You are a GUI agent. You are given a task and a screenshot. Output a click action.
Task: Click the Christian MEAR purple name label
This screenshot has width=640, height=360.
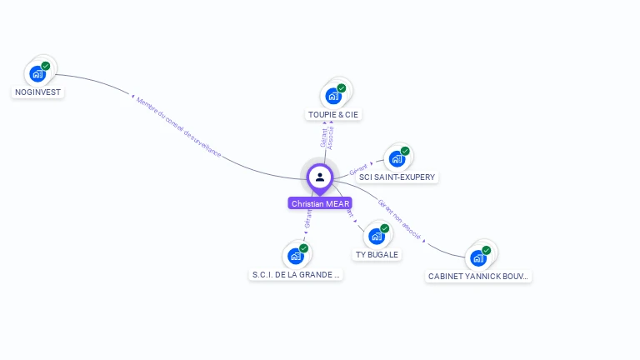click(321, 203)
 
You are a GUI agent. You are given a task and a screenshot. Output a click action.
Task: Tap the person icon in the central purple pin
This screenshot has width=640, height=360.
click(320, 177)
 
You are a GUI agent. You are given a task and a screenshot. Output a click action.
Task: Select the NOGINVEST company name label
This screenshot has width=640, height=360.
click(37, 92)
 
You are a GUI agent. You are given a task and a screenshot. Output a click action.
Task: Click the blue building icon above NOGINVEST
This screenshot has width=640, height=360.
click(37, 73)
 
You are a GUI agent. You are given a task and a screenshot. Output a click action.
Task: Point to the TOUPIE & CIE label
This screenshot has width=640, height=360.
click(333, 114)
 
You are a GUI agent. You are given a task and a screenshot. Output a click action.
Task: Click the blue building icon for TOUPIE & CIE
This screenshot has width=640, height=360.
click(333, 95)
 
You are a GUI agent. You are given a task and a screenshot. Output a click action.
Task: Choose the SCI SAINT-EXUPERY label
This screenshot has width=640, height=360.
click(397, 177)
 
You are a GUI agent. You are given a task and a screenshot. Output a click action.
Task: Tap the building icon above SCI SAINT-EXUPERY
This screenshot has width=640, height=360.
click(397, 158)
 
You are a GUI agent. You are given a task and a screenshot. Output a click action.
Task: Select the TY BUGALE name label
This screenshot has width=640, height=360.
click(377, 254)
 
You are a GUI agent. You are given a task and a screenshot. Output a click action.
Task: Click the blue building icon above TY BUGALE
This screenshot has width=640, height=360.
click(377, 236)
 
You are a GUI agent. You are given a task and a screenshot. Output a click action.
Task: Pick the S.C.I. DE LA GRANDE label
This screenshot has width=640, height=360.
click(296, 274)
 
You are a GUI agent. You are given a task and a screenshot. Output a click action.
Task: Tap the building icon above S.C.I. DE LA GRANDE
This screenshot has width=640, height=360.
click(295, 256)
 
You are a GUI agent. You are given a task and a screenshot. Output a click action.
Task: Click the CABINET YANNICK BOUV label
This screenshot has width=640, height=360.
click(478, 276)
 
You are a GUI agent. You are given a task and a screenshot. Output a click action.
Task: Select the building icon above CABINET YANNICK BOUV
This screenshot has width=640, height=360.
click(478, 257)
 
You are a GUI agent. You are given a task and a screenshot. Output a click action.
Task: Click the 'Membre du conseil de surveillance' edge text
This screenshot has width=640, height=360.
click(179, 126)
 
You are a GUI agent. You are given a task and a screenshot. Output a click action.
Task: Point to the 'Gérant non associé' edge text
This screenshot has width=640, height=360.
click(400, 218)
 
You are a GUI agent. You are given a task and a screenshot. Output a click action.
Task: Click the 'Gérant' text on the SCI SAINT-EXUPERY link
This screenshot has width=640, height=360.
click(358, 170)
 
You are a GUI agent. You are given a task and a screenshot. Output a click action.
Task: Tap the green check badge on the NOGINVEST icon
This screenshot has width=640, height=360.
click(46, 66)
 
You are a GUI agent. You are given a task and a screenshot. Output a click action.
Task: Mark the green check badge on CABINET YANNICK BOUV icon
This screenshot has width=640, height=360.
click(487, 250)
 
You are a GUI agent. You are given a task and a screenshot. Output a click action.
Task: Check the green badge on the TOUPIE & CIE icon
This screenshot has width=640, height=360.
click(342, 87)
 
